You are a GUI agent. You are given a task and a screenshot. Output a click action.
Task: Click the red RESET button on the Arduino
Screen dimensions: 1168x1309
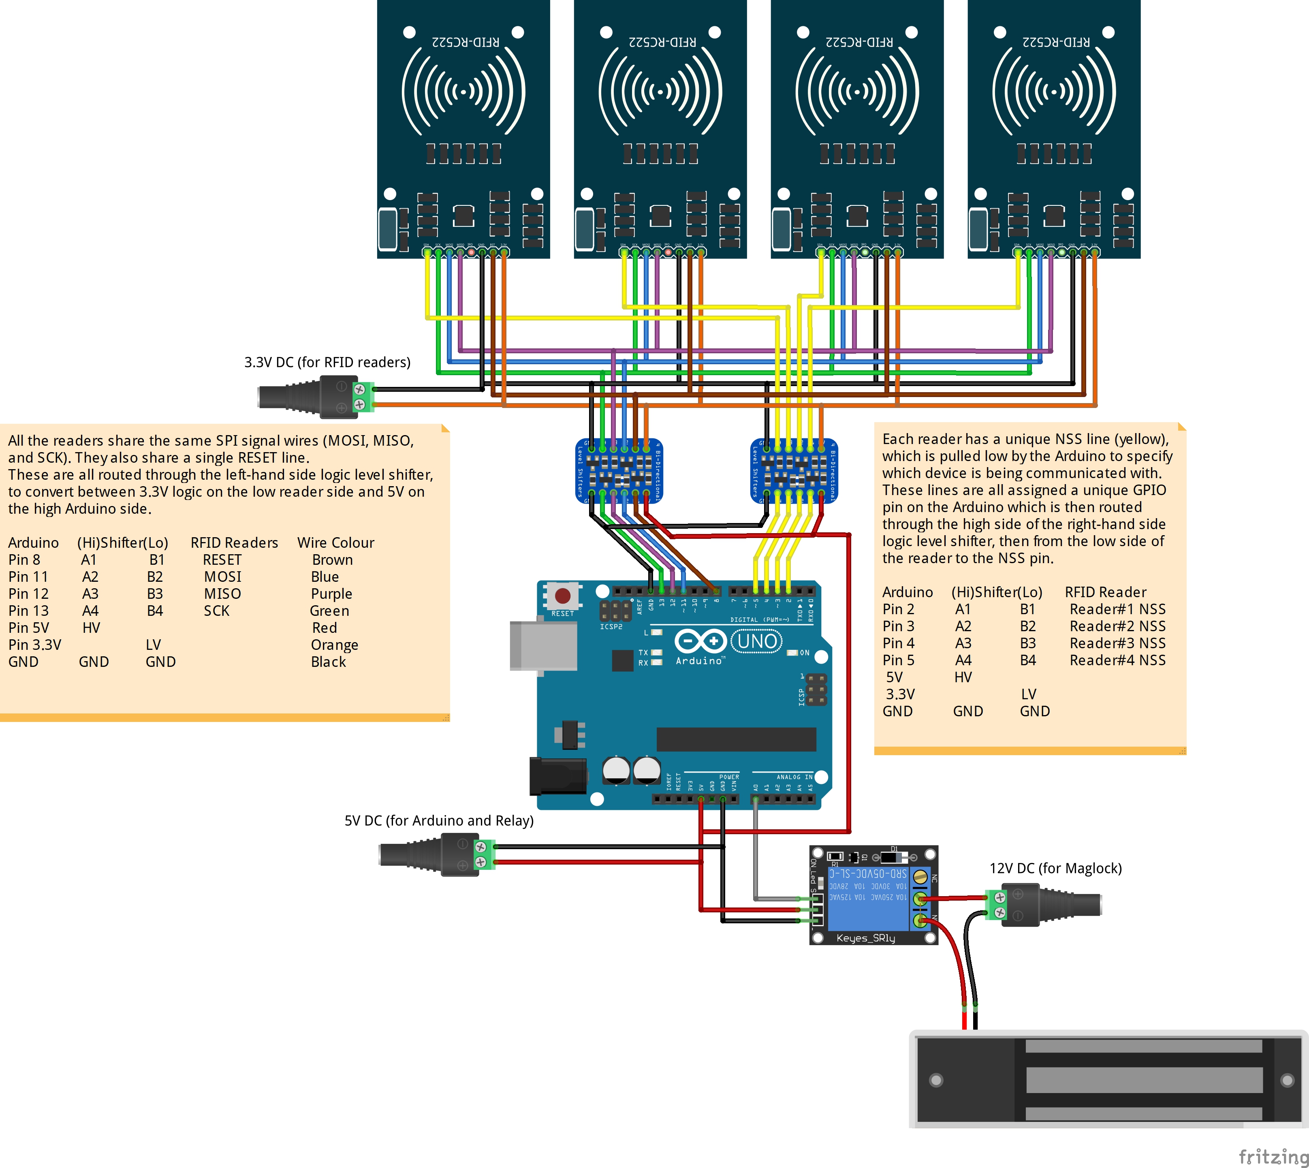[563, 596]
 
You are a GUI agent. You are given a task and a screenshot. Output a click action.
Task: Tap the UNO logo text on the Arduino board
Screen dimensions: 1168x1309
[757, 641]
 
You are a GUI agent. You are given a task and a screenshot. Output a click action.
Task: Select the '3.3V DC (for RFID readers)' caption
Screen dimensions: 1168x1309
[327, 362]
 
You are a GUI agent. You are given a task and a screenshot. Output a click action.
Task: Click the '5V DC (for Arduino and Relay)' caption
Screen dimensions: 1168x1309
[439, 820]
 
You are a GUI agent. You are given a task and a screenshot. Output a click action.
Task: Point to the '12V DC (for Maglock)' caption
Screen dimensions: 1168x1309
[1055, 868]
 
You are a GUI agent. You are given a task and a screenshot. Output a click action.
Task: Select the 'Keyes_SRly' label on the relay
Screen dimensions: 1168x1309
[866, 938]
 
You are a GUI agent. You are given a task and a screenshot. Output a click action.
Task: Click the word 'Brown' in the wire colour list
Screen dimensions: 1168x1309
[332, 559]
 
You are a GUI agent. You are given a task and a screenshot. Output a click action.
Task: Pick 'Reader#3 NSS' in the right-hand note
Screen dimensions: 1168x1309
[1117, 643]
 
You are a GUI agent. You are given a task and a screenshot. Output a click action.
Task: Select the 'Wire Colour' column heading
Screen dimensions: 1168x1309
[335, 542]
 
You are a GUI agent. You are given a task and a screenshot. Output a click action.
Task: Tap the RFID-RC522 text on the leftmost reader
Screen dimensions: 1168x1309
[465, 42]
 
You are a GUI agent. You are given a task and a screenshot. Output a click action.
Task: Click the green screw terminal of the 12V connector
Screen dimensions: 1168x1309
[997, 904]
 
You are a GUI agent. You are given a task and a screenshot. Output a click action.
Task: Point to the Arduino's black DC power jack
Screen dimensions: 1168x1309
[557, 776]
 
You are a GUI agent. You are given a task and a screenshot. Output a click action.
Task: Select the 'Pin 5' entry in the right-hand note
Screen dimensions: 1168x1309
[898, 660]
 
